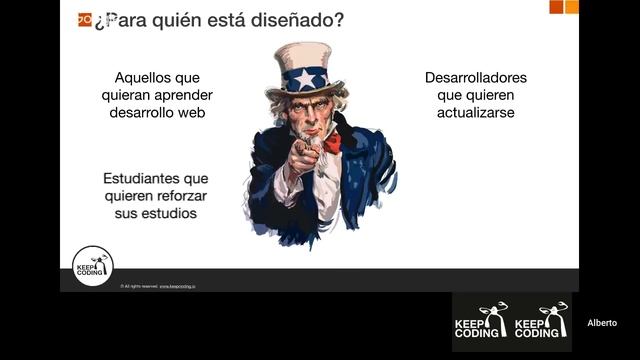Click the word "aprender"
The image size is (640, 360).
coord(186,95)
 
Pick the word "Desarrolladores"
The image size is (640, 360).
coord(475,77)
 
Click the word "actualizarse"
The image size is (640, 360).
coord(475,113)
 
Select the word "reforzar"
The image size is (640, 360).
coord(180,196)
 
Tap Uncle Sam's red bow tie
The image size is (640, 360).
coord(331,142)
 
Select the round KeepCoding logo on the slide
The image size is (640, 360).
coord(92,266)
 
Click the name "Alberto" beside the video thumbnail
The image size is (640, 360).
coord(601,323)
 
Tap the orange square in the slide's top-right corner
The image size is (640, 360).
coord(571,6)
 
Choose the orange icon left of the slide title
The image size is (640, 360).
coord(84,19)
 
